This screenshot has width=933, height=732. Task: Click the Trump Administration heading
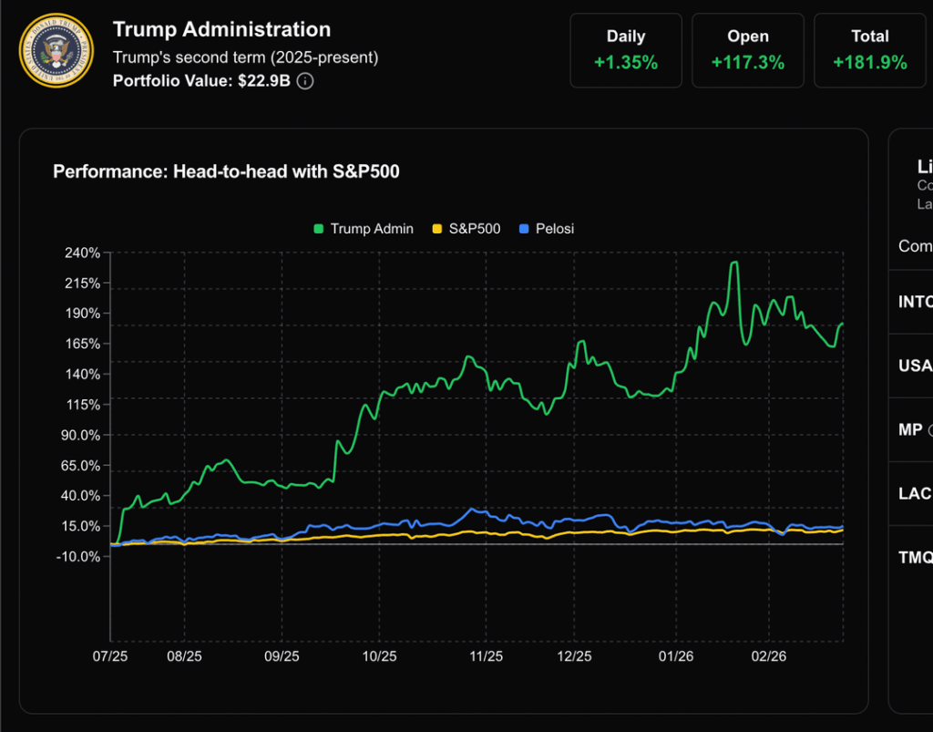(221, 30)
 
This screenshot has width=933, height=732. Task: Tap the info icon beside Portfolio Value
(306, 81)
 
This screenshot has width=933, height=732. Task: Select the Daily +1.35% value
(626, 63)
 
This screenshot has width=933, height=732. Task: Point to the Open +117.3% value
(747, 63)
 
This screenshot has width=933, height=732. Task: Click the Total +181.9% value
(869, 63)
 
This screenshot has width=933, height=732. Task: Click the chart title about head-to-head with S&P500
(226, 171)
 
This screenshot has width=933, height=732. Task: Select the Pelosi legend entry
(546, 229)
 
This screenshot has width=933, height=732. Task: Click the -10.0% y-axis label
(78, 556)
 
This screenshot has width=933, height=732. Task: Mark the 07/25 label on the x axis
(110, 656)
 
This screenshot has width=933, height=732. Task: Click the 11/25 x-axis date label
(486, 656)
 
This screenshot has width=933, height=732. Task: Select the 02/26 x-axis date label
(768, 656)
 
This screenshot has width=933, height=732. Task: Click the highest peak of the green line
(733, 263)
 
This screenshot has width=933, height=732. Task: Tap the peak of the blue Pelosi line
(472, 509)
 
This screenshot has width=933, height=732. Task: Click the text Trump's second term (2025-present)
(245, 57)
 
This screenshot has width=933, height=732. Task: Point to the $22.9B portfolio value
(265, 81)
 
